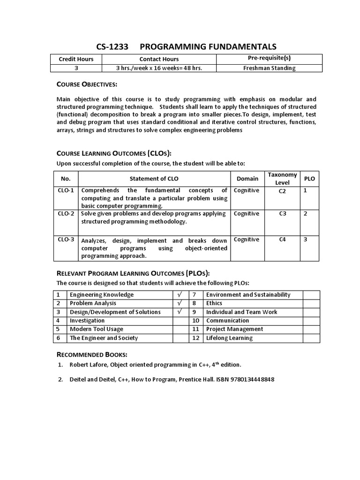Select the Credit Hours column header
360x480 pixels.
76,59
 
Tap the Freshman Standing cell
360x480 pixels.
269,68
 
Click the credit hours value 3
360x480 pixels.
76,68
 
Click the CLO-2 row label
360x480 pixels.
66,214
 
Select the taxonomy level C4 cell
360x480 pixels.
282,240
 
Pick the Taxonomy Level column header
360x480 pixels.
282,178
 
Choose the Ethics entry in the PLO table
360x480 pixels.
214,303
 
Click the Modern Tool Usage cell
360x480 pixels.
97,329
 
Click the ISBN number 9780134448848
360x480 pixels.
251,379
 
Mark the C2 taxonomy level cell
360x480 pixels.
282,191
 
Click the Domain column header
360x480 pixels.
247,178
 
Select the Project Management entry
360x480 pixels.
235,329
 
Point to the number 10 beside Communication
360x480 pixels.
196,321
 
